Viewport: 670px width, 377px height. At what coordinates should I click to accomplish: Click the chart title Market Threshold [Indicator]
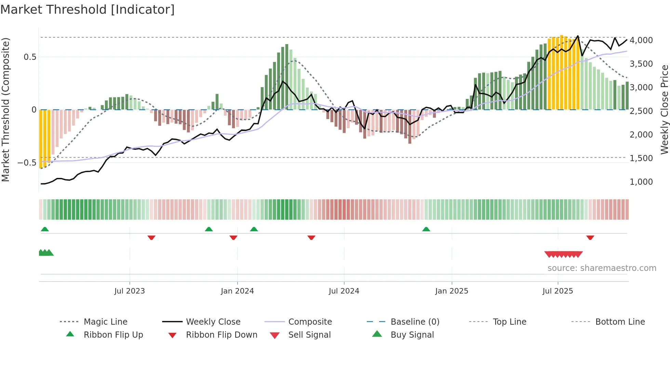tap(88, 10)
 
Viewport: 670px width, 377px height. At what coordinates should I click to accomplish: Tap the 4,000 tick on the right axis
tap(641, 40)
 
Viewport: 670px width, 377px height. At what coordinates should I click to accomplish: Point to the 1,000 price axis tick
tap(641, 182)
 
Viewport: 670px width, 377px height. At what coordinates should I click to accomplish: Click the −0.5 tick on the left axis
tap(27, 162)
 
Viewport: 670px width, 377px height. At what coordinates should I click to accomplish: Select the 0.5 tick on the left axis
tap(30, 57)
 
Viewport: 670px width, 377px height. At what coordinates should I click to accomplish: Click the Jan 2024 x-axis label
tap(237, 291)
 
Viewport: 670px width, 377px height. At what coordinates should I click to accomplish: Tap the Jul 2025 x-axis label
tap(558, 291)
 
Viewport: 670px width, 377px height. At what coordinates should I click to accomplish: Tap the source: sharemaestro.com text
tap(602, 268)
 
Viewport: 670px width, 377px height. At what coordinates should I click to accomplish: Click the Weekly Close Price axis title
tap(664, 109)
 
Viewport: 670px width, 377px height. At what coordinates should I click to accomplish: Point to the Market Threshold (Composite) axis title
tap(5, 109)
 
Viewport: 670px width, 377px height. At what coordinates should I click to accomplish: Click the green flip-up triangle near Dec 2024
tap(426, 229)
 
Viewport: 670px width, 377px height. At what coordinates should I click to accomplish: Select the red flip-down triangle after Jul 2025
tap(590, 237)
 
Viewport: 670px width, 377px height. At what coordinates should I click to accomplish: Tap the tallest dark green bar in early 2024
tap(287, 77)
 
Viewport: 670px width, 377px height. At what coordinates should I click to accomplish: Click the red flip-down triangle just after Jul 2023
tap(151, 237)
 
